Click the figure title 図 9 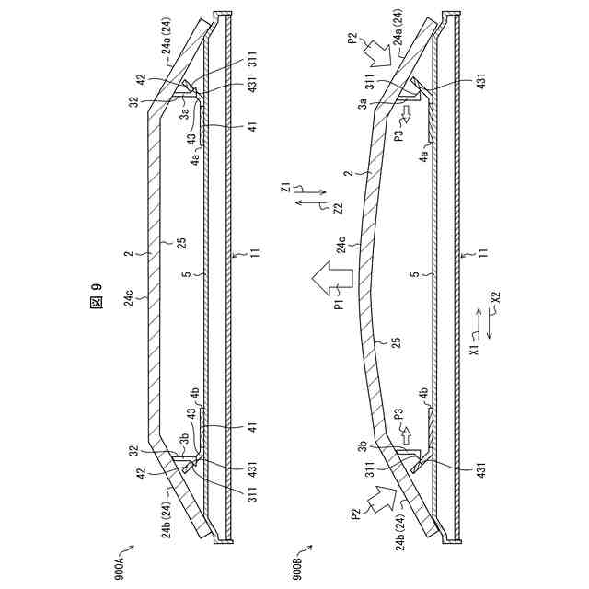click(x=98, y=306)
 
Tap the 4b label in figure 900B click(x=423, y=395)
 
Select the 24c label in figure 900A click(x=129, y=296)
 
